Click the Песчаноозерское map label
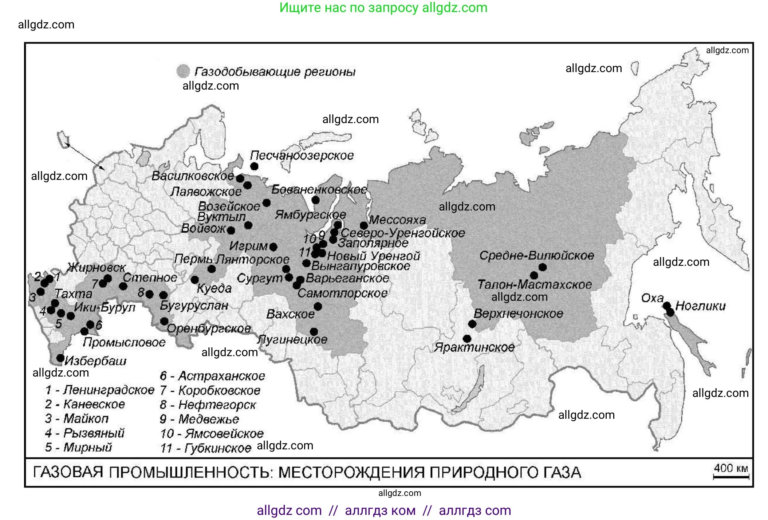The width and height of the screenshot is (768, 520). click(302, 155)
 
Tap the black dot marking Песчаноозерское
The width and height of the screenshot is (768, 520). click(254, 166)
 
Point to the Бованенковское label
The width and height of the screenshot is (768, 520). click(319, 190)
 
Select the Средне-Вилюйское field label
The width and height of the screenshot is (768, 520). click(536, 256)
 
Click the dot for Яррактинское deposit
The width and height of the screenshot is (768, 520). click(467, 339)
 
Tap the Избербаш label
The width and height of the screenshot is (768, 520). click(95, 361)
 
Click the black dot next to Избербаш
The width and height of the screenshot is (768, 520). click(60, 358)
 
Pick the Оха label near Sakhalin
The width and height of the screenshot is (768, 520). click(652, 298)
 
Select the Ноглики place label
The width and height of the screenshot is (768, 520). click(700, 306)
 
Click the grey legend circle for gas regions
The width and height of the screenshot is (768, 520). click(183, 71)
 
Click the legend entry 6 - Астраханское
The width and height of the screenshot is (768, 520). click(213, 376)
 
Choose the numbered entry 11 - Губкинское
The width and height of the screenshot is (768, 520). click(206, 448)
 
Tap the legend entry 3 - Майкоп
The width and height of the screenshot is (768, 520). click(77, 419)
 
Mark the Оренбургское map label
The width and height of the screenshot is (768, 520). click(209, 329)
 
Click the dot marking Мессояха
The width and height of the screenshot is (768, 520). click(363, 225)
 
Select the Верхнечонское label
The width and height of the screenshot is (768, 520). click(518, 314)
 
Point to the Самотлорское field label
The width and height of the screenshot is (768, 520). click(342, 293)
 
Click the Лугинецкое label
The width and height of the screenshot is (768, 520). click(292, 340)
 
